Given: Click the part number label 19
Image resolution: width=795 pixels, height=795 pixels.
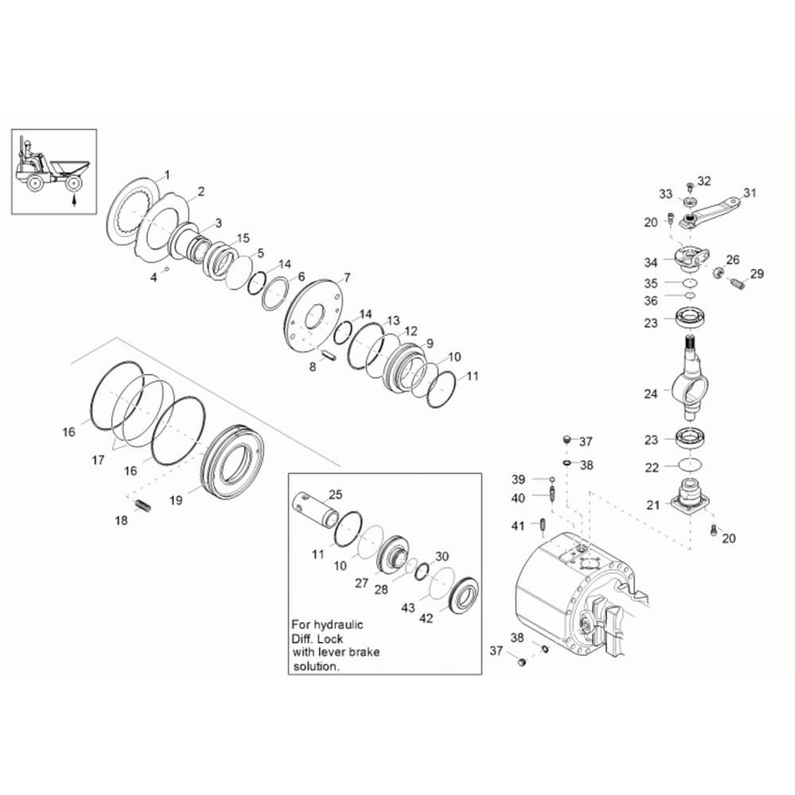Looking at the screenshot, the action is coord(176,500).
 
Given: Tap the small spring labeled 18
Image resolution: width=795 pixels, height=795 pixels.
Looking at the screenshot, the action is coord(144,506).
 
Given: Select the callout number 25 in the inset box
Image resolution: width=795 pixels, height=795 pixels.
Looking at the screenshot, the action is coord(335,494).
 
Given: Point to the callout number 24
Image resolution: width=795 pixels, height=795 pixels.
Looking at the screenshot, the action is coord(650,394).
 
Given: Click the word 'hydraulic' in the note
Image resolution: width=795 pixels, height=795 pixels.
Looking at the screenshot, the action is coord(339,625).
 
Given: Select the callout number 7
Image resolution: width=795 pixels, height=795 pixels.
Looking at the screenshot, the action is coord(347,277).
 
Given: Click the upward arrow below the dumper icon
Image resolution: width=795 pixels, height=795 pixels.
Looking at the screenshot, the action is coord(74,200).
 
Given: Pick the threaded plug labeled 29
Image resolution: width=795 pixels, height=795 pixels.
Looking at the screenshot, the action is coord(738,284).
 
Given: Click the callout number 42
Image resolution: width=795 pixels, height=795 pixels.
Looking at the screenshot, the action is coord(426,618).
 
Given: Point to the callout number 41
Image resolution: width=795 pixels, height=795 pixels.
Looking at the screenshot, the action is coord(518,525).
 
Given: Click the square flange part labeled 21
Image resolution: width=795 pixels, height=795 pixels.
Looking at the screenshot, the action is coord(689,496).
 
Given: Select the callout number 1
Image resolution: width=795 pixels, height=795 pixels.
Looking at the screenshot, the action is coord(167,176).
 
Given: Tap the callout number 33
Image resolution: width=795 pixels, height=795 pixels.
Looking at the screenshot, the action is coord(665,194).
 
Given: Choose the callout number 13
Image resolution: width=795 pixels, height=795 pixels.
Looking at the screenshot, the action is coord(394,320).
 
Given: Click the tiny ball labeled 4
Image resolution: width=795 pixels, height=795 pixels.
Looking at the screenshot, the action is coord(167,270).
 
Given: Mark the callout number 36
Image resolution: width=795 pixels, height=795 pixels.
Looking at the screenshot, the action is coord(650,301).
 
